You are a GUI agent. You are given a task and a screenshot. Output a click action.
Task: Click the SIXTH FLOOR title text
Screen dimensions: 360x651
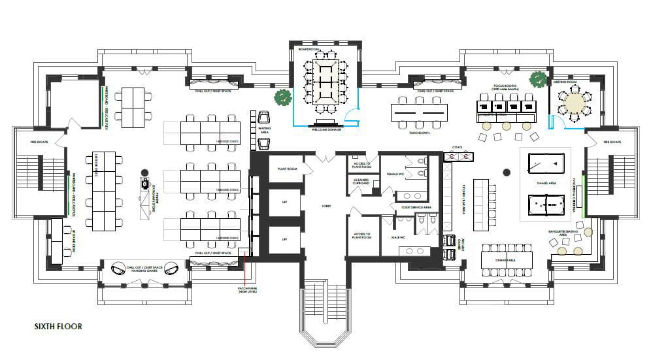click(x=58, y=326)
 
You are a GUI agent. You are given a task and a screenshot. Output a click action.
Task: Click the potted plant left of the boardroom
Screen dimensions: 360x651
click(x=282, y=97)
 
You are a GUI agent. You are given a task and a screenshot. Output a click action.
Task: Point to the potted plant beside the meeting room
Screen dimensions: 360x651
click(x=537, y=79)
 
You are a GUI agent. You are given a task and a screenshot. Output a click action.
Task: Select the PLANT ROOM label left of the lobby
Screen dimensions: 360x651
click(x=286, y=169)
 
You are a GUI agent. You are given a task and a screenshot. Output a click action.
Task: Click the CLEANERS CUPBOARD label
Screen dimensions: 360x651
click(x=361, y=182)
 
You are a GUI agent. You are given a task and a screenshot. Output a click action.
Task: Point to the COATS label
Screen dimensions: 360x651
click(x=457, y=148)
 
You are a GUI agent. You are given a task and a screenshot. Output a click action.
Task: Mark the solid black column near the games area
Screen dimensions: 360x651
click(x=506, y=172)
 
